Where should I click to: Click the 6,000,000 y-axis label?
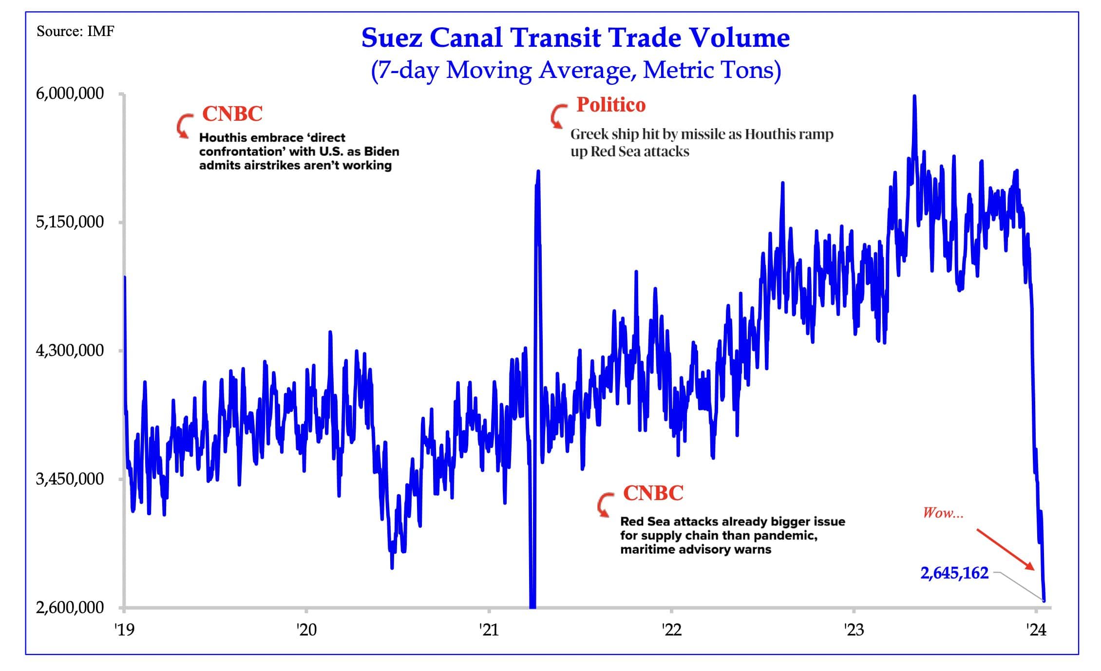(70, 93)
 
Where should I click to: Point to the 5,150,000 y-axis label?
(70, 222)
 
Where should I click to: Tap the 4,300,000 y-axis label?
(70, 350)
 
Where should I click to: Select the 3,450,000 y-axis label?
(70, 479)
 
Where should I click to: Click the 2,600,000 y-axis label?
(70, 608)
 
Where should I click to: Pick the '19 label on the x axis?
(124, 630)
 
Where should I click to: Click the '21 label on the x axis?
(489, 630)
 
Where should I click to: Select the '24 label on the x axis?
(1036, 630)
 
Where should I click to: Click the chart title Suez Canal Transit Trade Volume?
(575, 38)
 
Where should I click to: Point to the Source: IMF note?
(76, 32)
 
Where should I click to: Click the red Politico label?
(611, 105)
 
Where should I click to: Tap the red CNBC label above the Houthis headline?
(232, 114)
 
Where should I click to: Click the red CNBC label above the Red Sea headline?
(653, 493)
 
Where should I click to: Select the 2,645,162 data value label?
(954, 573)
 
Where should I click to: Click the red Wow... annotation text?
(943, 513)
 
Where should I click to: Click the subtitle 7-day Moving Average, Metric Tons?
(575, 70)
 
